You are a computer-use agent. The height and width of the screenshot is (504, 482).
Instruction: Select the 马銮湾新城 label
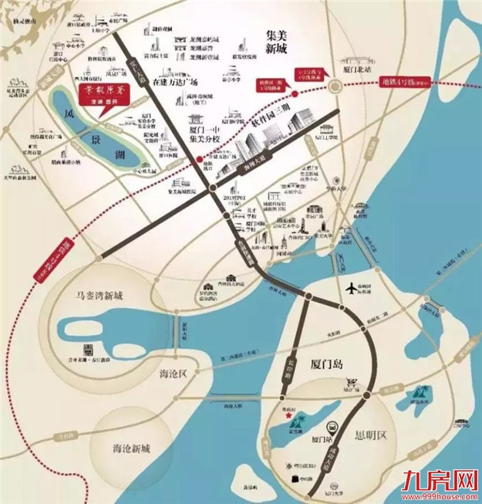click(101, 295)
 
